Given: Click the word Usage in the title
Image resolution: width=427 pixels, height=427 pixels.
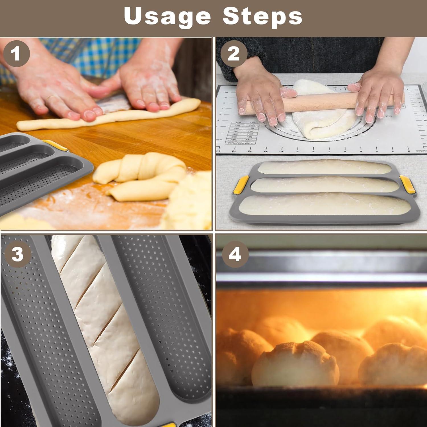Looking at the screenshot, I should [x=167, y=16].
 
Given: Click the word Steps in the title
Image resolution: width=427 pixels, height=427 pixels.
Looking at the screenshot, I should [x=262, y=16].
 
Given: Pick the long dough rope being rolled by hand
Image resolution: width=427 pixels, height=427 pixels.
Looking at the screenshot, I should [x=108, y=117].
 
